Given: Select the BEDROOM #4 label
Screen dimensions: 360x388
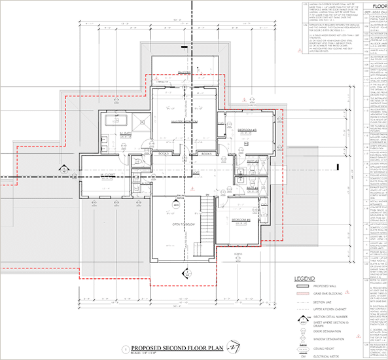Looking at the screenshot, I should click(242, 219).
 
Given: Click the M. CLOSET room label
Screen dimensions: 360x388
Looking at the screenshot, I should click(107, 175).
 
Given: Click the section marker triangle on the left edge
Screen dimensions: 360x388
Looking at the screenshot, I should click(67, 169).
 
